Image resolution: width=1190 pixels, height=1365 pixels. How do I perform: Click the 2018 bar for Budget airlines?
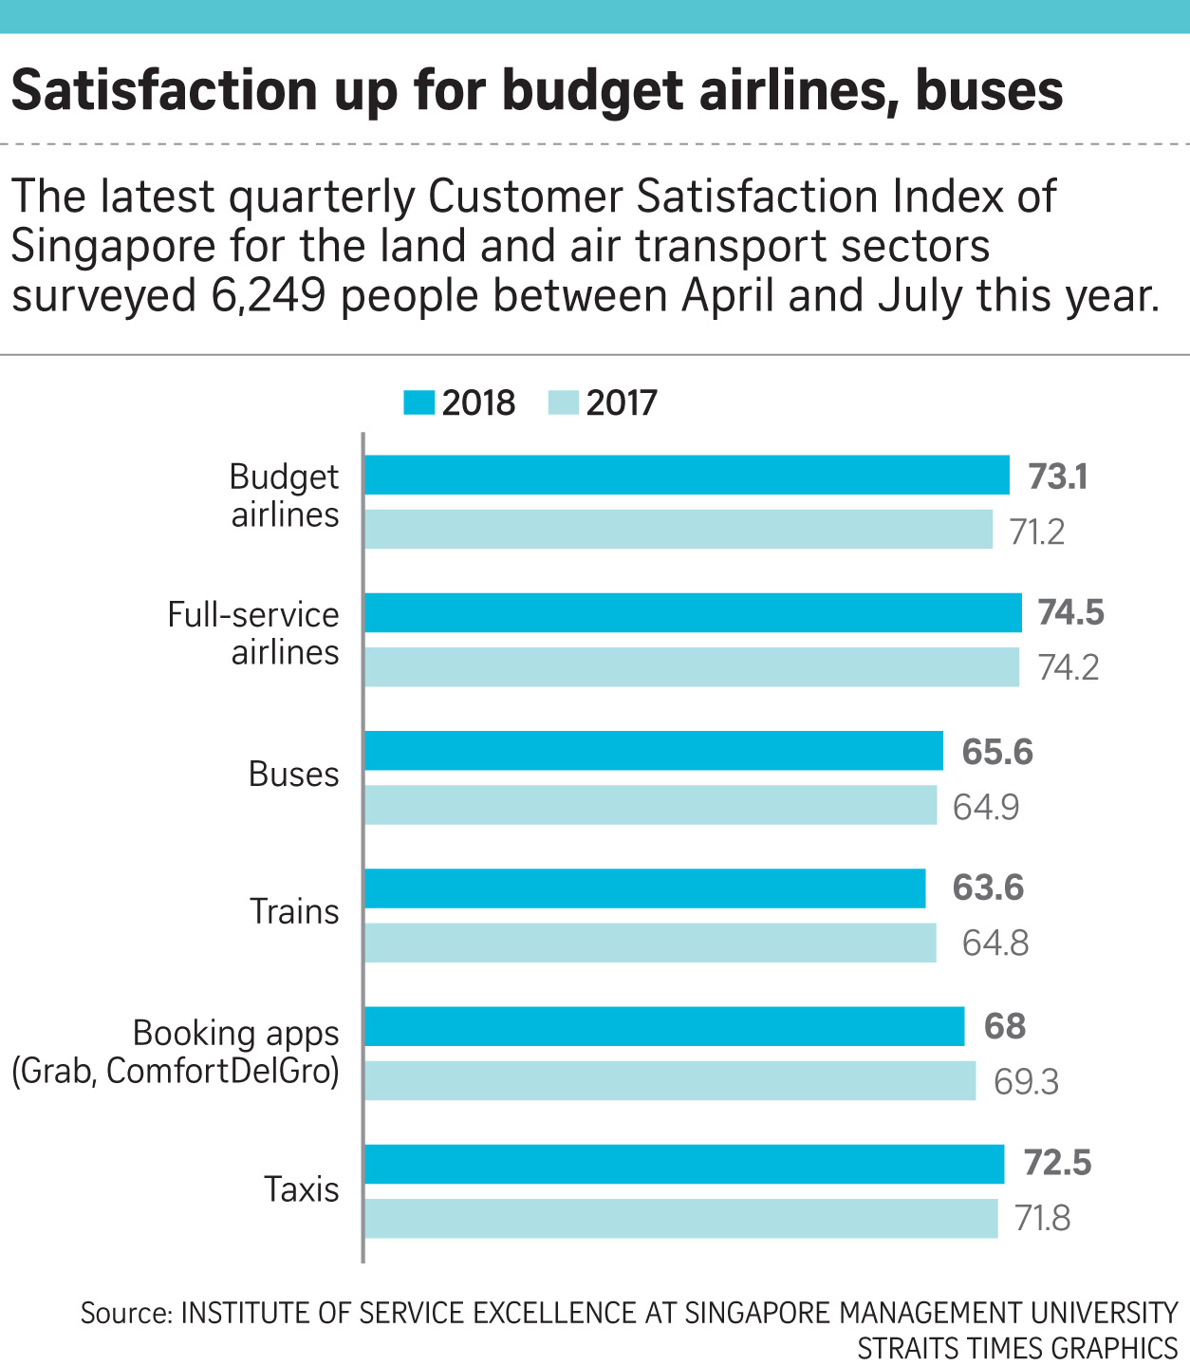(x=687, y=475)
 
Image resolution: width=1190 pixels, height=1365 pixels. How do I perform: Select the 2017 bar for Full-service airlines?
(x=692, y=667)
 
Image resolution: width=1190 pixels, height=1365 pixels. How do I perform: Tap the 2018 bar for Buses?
(x=654, y=751)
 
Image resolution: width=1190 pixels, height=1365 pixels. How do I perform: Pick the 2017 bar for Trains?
(x=650, y=943)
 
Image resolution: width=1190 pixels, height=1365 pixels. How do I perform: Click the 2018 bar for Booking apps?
(x=664, y=1026)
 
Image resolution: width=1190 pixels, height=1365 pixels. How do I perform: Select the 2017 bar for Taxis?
(x=681, y=1219)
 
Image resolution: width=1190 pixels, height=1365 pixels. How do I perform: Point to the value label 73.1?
(x=1058, y=476)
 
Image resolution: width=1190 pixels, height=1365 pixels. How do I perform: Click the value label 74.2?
(x=1069, y=668)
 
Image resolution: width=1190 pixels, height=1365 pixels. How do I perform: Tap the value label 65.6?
(x=997, y=752)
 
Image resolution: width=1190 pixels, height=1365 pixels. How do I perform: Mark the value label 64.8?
(x=995, y=944)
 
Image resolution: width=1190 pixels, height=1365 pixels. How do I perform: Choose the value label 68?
(x=1005, y=1026)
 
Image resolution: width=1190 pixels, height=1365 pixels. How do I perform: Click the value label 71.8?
(x=1043, y=1218)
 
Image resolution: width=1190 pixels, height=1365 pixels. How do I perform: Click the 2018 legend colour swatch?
(x=418, y=403)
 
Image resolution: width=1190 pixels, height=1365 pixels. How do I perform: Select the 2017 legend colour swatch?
(x=563, y=403)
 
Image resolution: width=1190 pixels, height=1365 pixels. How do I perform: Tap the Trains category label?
(x=294, y=911)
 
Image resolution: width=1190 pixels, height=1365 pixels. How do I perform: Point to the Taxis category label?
(x=301, y=1189)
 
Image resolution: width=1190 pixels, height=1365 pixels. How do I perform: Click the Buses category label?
(x=293, y=775)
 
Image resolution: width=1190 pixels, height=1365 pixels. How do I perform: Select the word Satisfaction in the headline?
(x=164, y=90)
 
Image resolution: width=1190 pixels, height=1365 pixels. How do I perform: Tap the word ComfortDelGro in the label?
(x=222, y=1071)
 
